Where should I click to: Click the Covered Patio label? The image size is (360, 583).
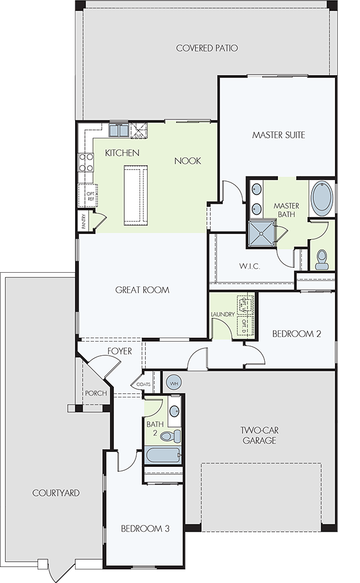point(207,48)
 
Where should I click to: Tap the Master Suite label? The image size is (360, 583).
point(279,134)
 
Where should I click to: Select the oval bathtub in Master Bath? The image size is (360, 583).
point(322,198)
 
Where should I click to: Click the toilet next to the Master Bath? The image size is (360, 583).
point(321,260)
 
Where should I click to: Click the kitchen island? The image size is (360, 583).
point(136,196)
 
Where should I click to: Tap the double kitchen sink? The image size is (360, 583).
point(118,130)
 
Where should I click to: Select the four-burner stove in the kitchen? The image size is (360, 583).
point(85,163)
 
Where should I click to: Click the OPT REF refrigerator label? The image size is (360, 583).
point(91,196)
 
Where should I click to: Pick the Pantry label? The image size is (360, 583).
point(84,220)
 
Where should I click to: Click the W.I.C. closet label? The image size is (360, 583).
point(249,266)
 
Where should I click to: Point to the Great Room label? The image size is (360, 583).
point(142,290)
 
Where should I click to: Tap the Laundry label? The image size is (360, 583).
point(223,314)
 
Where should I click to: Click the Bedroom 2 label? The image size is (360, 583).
point(296,334)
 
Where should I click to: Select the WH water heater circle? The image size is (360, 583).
point(174,383)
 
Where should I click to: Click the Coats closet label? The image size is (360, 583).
point(144,384)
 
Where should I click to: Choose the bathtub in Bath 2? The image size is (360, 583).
point(163,455)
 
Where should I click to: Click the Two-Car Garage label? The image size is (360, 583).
point(259,436)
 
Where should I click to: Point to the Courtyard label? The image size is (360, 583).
point(56,493)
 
